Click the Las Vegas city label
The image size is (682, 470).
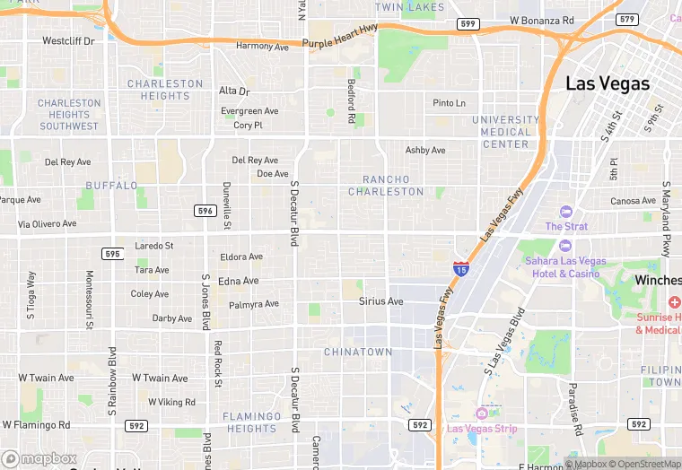[608, 83]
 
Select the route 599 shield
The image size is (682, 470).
[466, 23]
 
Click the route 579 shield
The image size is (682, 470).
[627, 19]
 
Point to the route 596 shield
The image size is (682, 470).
[205, 210]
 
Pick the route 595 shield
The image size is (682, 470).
[112, 254]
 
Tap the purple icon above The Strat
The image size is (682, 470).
[565, 212]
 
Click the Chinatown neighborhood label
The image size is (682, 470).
[358, 352]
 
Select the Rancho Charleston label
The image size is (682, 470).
[386, 186]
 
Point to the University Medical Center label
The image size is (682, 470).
[505, 132]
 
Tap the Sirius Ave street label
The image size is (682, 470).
[381, 301]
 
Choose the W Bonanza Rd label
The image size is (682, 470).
[541, 20]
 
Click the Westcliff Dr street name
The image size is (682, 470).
[68, 41]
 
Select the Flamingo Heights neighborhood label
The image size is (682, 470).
[251, 422]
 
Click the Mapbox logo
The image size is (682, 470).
[39, 458]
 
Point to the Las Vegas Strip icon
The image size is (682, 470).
[481, 413]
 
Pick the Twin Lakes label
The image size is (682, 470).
[409, 7]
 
